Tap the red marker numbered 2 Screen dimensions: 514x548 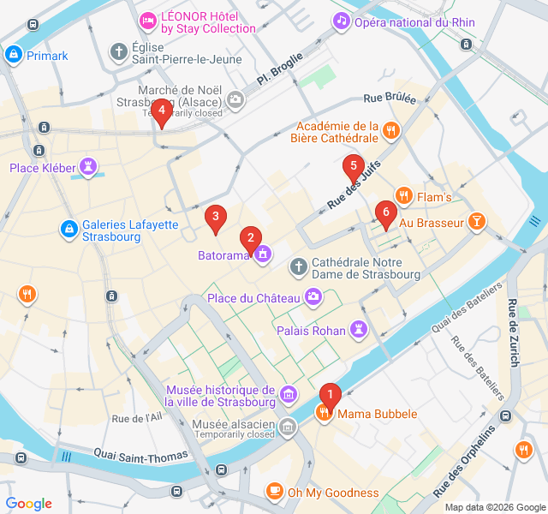point(250,237)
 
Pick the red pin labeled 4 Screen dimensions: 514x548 point(162,110)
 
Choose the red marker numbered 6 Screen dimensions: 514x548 point(386,212)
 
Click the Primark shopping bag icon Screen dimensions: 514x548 point(13,56)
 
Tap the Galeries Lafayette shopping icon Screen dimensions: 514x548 point(69,229)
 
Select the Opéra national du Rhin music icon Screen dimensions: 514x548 point(342,20)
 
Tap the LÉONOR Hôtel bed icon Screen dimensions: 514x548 point(148,20)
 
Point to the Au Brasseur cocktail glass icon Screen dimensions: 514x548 point(477,223)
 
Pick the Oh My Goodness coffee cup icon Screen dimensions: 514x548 point(274,492)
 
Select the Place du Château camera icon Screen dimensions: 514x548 point(313,297)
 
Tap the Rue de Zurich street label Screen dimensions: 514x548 point(513,332)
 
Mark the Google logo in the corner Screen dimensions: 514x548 point(29,504)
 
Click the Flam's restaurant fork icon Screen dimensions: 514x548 point(403,197)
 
